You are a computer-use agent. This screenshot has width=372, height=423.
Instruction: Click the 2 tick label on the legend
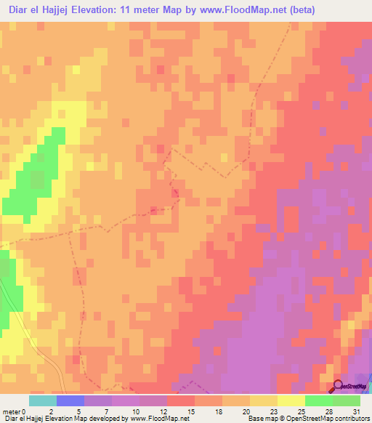pos(50,411)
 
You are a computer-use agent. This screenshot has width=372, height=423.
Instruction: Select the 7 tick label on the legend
pos(105,411)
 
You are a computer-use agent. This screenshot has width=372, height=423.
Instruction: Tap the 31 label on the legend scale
pos(355,411)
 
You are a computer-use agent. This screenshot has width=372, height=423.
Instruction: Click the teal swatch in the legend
pos(42,400)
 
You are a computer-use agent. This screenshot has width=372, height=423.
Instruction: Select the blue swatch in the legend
pos(70,400)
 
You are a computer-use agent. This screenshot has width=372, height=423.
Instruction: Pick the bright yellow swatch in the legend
pos(291,400)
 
